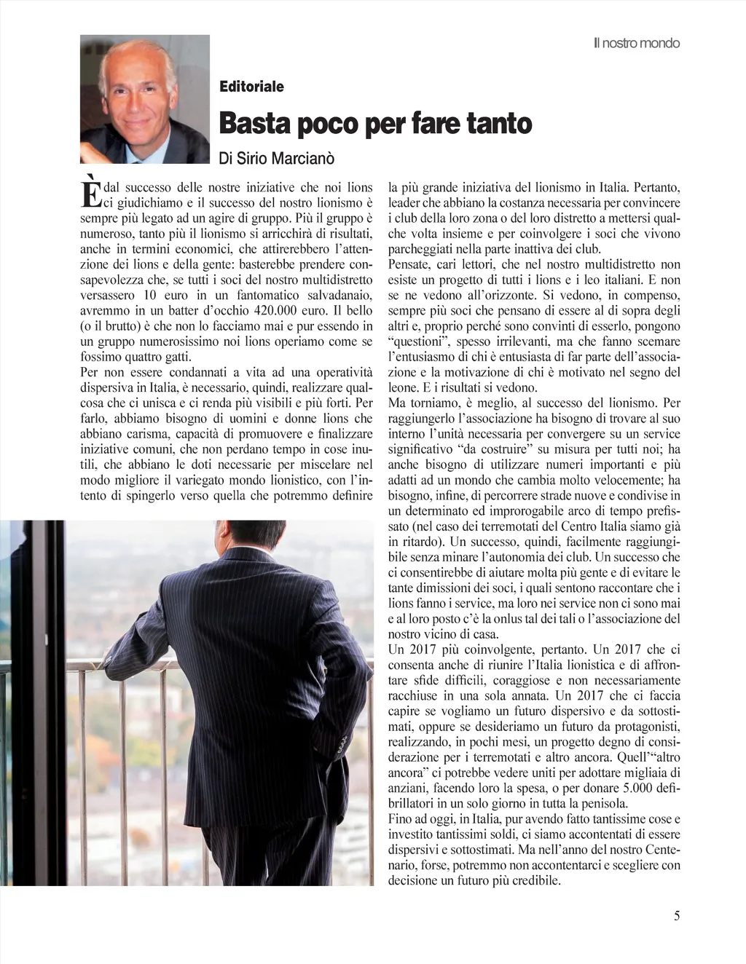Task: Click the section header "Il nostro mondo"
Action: [636, 43]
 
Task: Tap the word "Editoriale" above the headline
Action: [251, 87]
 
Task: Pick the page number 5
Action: [677, 916]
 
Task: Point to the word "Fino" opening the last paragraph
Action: [401, 819]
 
